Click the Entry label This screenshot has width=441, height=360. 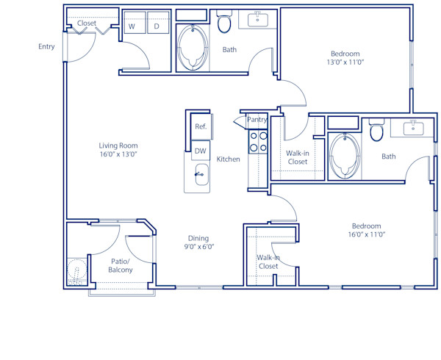pyautogui.click(x=46, y=47)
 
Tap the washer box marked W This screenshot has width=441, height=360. pyautogui.click(x=133, y=26)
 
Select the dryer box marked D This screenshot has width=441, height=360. pyautogui.click(x=157, y=26)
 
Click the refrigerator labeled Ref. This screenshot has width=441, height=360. pyautogui.click(x=201, y=126)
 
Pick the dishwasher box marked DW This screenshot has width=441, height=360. pyautogui.click(x=200, y=151)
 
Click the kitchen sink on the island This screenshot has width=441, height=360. pyautogui.click(x=198, y=175)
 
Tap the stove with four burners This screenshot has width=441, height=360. pyautogui.click(x=257, y=141)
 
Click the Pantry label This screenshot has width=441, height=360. pyautogui.click(x=257, y=120)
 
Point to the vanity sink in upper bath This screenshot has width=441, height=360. pyautogui.click(x=258, y=20)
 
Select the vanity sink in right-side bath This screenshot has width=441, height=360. pyautogui.click(x=413, y=129)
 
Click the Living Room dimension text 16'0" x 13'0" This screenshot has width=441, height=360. pyautogui.click(x=118, y=155)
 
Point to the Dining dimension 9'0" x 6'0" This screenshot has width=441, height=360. pyautogui.click(x=198, y=248)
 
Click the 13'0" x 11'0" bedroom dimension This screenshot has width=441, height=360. pyautogui.click(x=345, y=63)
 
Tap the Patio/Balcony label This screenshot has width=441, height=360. pyautogui.click(x=121, y=266)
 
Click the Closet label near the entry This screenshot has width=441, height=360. pyautogui.click(x=87, y=24)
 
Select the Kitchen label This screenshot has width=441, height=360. pyautogui.click(x=228, y=159)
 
